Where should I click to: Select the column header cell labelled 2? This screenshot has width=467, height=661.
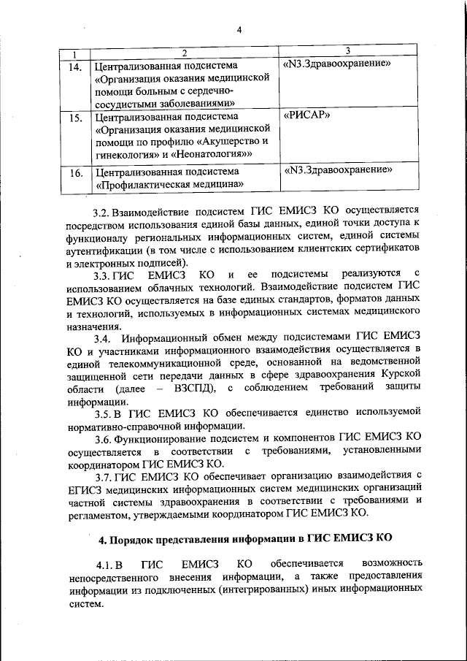point(184,53)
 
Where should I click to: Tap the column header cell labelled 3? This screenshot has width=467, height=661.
point(347,50)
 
